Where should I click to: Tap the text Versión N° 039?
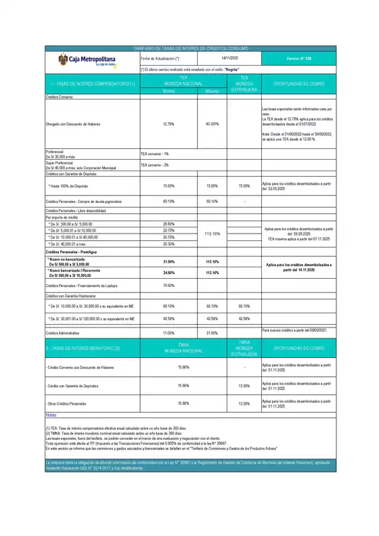tap(298, 60)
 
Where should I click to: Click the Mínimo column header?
tap(169, 90)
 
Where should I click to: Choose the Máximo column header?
tap(212, 90)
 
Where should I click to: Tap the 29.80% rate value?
tap(169, 224)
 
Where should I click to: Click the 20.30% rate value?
tap(169, 244)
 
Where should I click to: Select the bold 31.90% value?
tap(169, 261)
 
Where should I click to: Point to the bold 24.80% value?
tap(169, 273)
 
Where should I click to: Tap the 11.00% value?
tap(169, 333)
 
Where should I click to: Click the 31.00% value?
tap(212, 333)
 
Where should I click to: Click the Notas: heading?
tap(51, 414)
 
